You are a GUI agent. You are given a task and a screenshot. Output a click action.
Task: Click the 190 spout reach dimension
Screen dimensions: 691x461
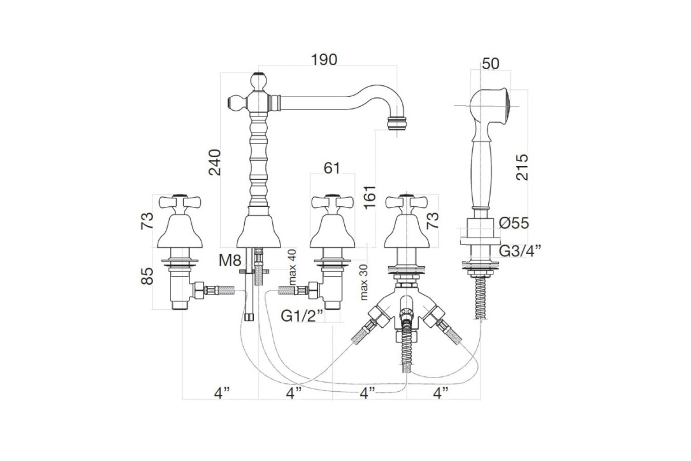[x=324, y=59]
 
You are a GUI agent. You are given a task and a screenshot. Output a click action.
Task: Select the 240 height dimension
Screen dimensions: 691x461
[x=214, y=163]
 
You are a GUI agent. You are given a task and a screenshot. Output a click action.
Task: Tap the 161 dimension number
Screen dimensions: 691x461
[x=370, y=197]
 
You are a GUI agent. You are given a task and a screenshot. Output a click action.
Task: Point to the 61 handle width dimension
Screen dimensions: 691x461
[x=332, y=168]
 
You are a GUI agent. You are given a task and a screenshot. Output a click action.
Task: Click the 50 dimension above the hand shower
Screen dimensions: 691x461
[x=491, y=63]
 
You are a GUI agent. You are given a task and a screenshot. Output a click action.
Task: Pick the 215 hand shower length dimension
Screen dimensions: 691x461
[x=522, y=167]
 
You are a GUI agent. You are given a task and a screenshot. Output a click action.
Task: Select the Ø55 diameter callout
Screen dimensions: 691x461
[x=514, y=223]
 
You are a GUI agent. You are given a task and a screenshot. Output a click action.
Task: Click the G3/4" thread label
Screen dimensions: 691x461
[x=520, y=251]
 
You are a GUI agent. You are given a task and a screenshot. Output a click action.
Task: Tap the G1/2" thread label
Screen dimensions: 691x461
[x=302, y=316]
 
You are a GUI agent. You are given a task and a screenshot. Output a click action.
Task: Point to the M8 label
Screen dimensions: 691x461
[x=230, y=260]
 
